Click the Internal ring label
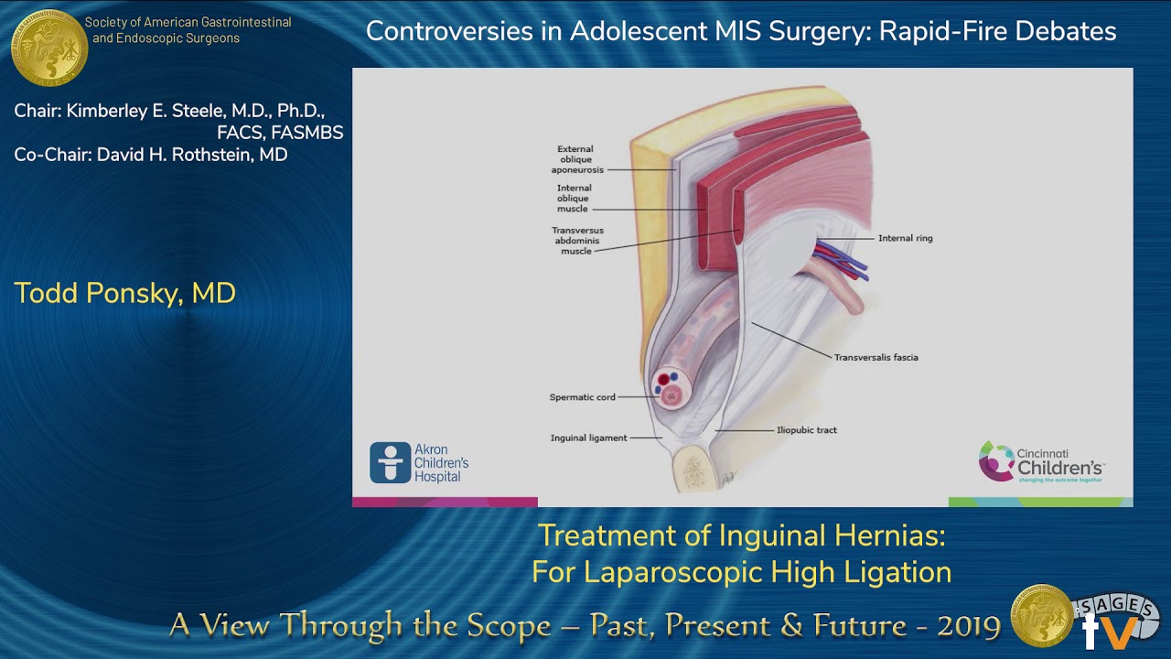(905, 238)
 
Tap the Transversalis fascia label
(876, 357)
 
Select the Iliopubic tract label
(806, 429)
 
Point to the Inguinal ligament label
(588, 438)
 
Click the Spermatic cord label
(582, 397)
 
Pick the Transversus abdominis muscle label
(577, 241)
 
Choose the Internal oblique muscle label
(574, 199)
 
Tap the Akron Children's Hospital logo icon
(391, 463)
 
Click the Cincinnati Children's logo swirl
(995, 462)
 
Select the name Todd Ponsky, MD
(124, 294)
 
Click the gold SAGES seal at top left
(49, 47)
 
